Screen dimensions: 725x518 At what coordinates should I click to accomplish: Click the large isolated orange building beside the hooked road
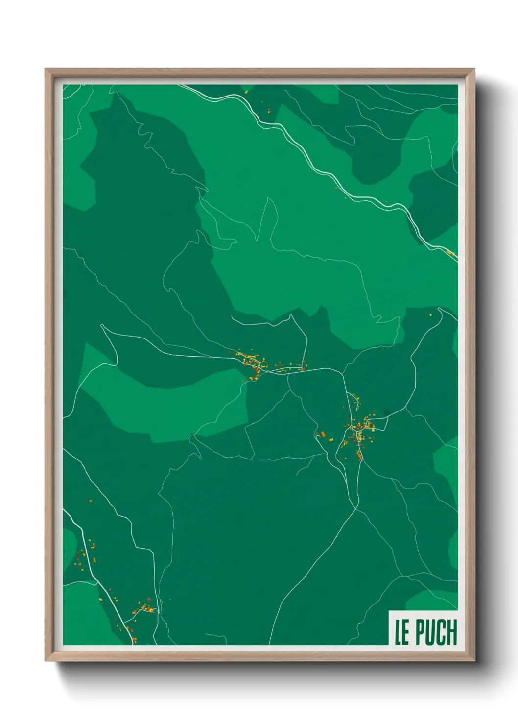323,434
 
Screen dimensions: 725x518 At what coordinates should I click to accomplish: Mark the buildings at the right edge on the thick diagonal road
450,253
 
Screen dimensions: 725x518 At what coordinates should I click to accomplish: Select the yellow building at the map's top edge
246,91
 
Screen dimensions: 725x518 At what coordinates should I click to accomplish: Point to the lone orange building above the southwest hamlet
91,500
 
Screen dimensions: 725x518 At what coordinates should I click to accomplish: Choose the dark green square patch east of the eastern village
386,412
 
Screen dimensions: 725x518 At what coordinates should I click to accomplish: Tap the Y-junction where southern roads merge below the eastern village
356,508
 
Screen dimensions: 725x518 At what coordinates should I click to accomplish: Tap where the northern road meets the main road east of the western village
306,369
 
